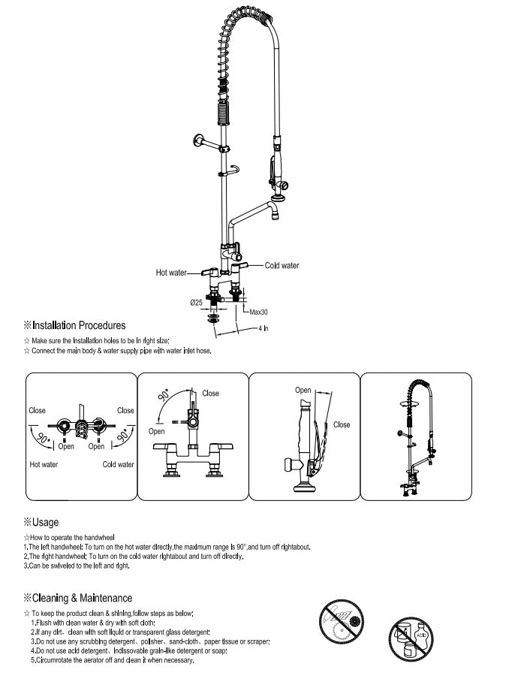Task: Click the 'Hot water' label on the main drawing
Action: (x=170, y=272)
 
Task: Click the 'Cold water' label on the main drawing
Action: (x=282, y=265)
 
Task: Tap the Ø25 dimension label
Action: (x=195, y=302)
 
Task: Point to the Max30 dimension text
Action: (x=259, y=312)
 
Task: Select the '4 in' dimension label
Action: (x=264, y=329)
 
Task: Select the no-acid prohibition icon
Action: (x=410, y=641)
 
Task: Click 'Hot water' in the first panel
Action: (x=44, y=464)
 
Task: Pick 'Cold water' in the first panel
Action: (x=119, y=464)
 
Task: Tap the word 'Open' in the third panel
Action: (x=303, y=391)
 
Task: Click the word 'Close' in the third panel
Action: (x=342, y=424)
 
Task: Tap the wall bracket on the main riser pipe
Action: (x=202, y=140)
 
